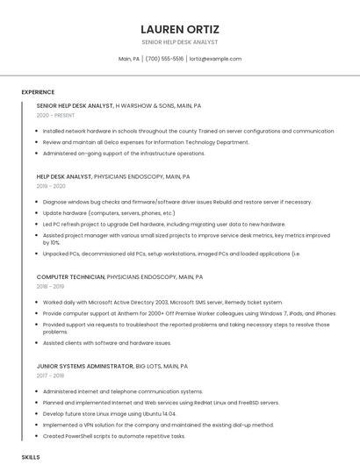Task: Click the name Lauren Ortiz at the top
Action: (180, 29)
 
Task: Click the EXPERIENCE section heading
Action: (38, 91)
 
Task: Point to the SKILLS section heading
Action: (31, 457)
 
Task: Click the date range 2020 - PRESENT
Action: (55, 115)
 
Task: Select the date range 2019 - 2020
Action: (51, 186)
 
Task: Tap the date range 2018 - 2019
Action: (51, 286)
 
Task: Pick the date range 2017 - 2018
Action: (51, 376)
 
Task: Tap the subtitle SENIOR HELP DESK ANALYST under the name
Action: (180, 42)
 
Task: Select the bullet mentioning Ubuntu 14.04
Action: (109, 413)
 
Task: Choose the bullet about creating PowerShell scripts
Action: (113, 435)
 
